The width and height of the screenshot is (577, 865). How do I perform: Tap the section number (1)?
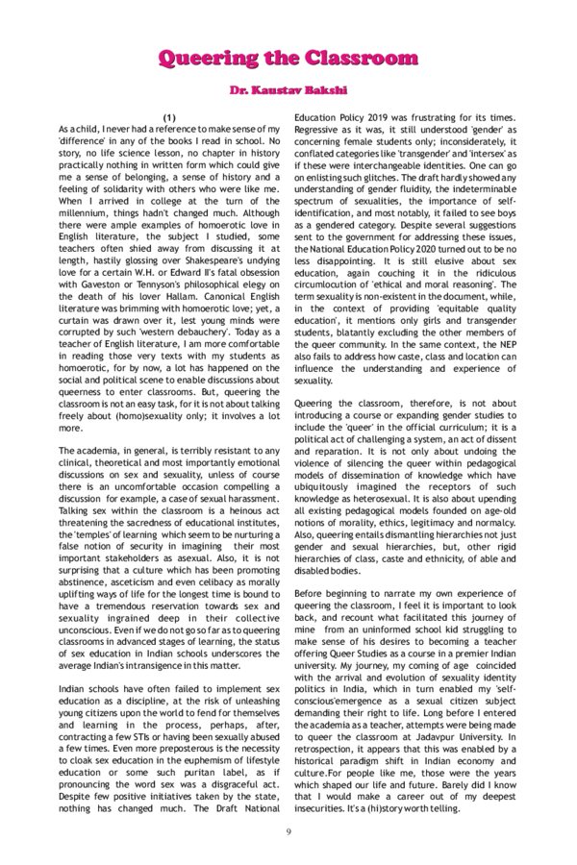click(x=169, y=116)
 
